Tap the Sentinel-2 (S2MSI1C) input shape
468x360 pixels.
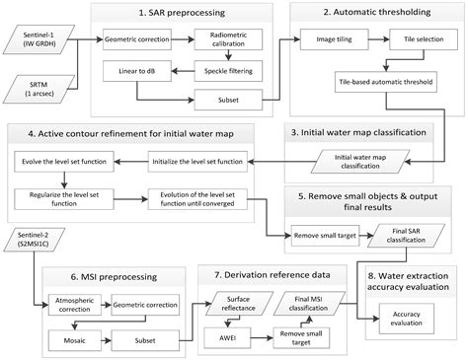pyautogui.click(x=34, y=244)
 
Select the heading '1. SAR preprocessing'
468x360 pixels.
pyautogui.click(x=182, y=13)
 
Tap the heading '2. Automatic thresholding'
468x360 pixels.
pyautogui.click(x=376, y=13)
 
